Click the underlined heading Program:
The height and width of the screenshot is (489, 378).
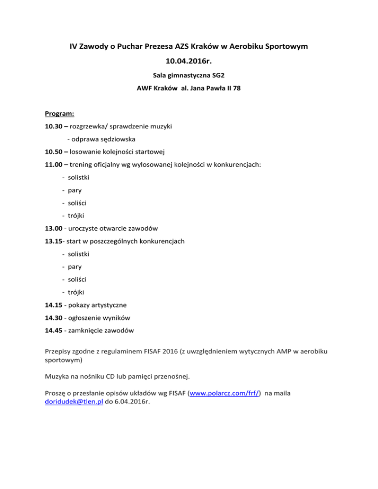(60, 114)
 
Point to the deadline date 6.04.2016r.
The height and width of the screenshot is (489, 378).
(132, 401)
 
